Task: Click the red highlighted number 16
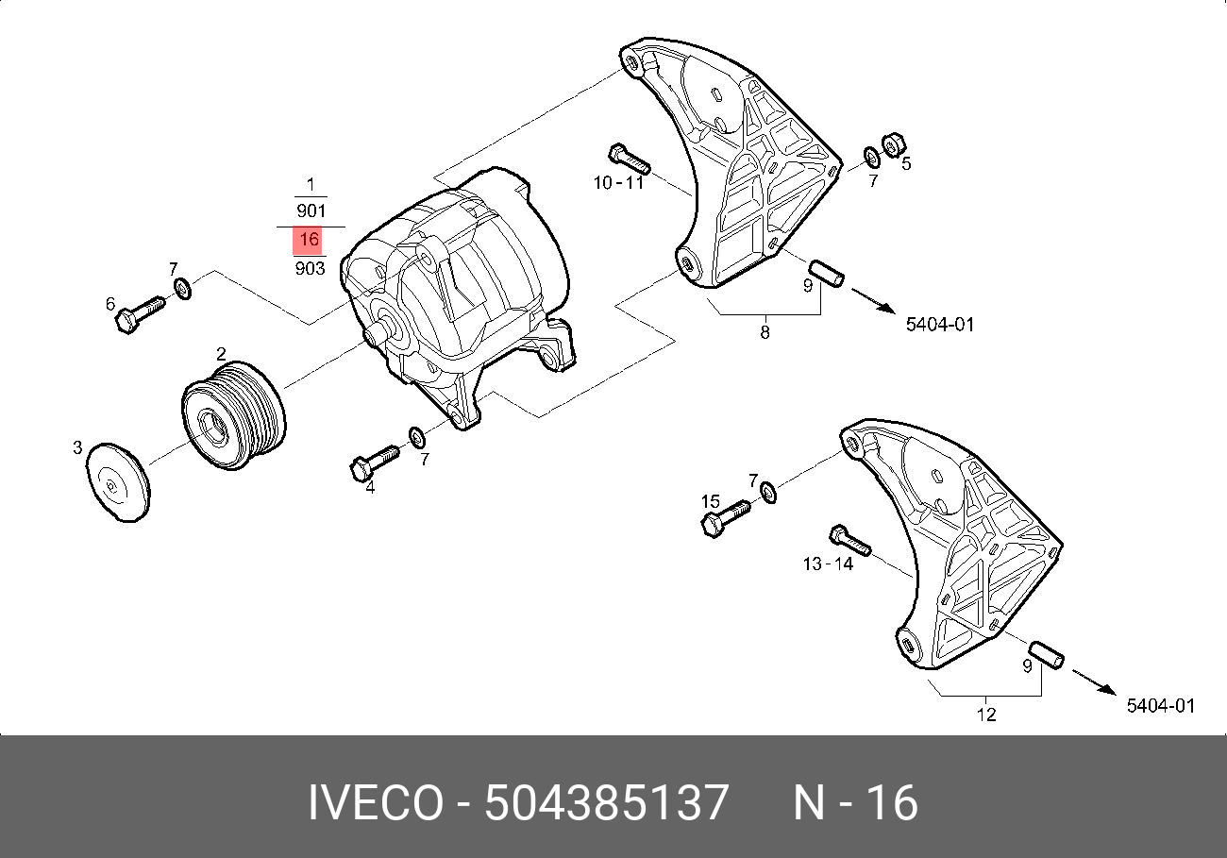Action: [308, 240]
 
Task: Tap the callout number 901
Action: [311, 210]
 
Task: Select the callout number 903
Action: [310, 268]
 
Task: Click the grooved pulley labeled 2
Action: [233, 414]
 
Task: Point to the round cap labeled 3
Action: [118, 482]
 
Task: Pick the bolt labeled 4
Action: [374, 463]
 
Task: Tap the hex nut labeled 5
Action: [894, 144]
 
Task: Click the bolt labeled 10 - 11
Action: [630, 159]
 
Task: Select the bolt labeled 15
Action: [726, 518]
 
